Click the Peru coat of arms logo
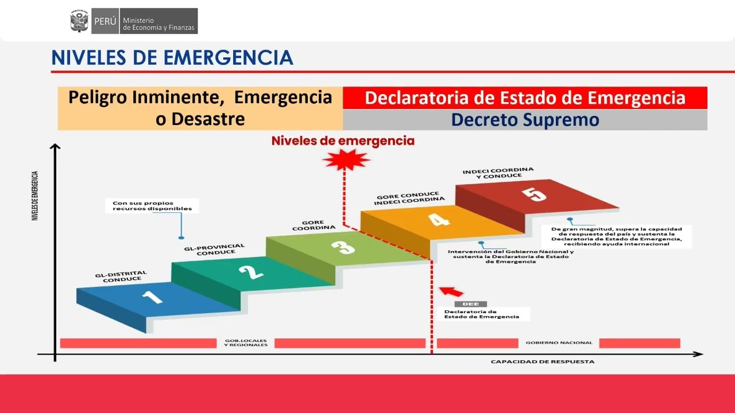click(x=79, y=21)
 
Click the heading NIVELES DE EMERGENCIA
click(x=172, y=58)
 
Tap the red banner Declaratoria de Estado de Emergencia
click(x=525, y=98)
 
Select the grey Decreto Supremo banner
click(x=525, y=120)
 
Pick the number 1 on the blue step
click(x=152, y=297)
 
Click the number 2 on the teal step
click(x=251, y=271)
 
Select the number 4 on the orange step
click(x=439, y=220)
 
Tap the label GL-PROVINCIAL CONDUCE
click(x=214, y=250)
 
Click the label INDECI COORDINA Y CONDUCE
click(x=498, y=173)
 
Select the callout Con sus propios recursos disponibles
click(x=152, y=206)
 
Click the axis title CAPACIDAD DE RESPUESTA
click(x=542, y=362)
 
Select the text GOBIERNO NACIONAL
click(x=559, y=343)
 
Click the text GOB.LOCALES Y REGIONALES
click(x=246, y=343)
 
